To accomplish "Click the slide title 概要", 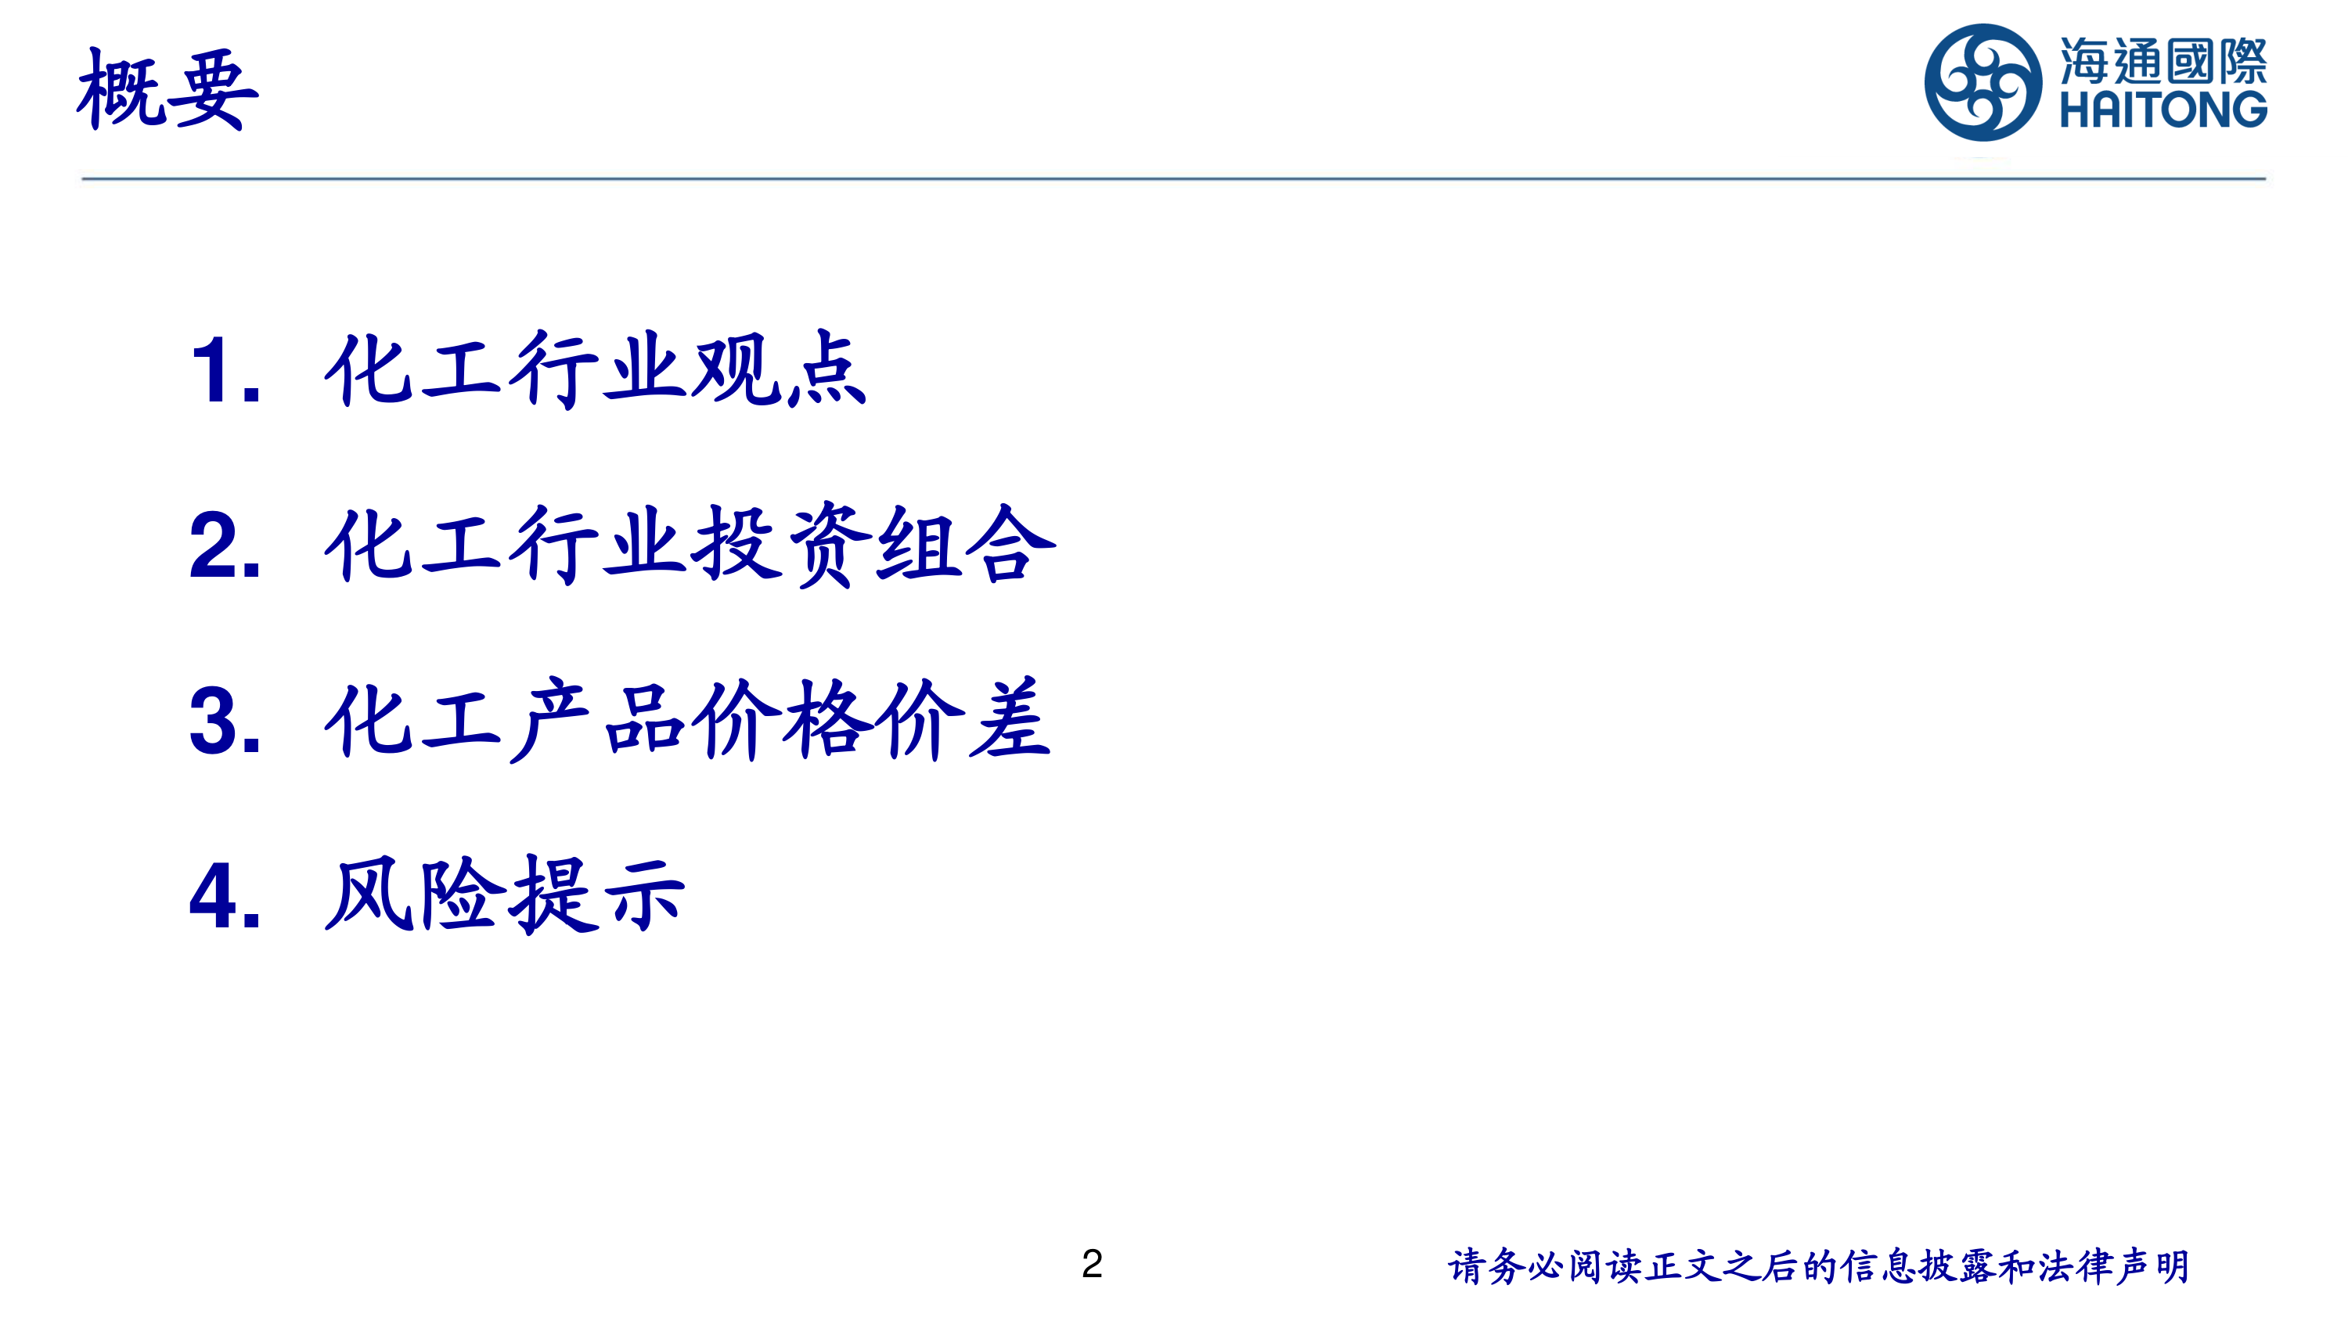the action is pos(167,89).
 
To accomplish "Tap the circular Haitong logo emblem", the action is pos(1982,83).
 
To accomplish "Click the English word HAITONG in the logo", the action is pos(2163,110).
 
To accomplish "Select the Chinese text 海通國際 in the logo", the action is pos(2163,61).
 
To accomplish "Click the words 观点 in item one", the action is pos(780,369).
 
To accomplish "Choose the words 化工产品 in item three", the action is pos(506,720).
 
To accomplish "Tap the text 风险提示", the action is pos(505,895).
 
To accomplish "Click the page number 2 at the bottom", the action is pos(1092,1264).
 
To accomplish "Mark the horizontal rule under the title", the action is pos(1174,178).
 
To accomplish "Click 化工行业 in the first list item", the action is pos(506,369).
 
